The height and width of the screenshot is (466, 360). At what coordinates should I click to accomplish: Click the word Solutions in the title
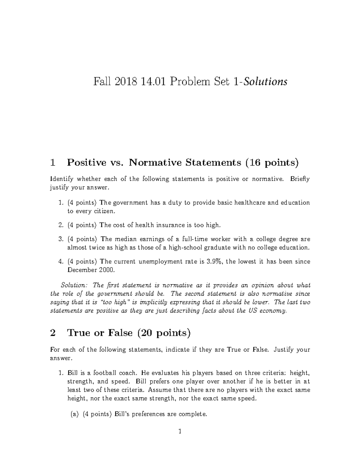point(265,82)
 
